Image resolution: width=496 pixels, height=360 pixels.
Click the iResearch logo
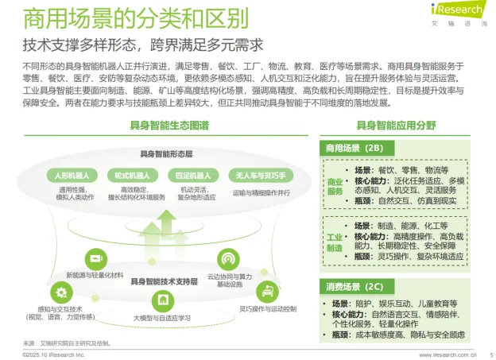coord(458,12)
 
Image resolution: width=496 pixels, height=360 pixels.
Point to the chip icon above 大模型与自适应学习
coord(163,300)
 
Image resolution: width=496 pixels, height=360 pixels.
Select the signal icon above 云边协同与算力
coord(229,257)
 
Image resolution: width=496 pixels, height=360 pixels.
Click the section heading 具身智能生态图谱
coord(169,126)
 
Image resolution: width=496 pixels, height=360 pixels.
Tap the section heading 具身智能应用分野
coord(395,126)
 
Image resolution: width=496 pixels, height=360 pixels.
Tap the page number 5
coord(490,354)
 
